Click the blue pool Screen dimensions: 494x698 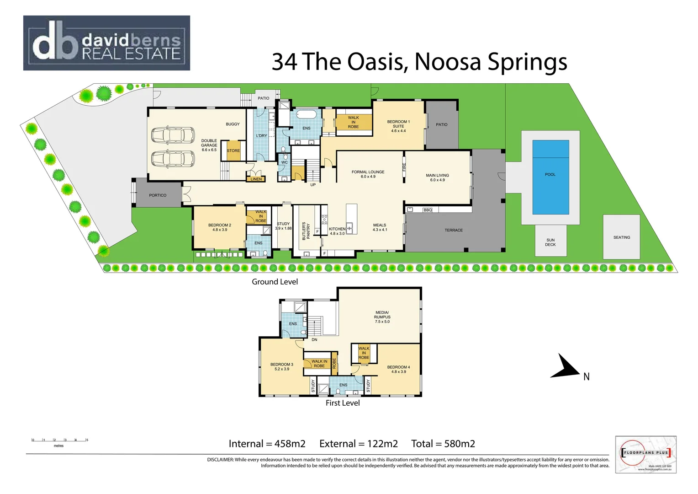tap(550, 177)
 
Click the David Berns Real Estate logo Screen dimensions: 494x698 tap(106, 43)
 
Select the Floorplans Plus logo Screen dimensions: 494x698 tap(645, 454)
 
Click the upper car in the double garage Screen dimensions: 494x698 tap(173, 135)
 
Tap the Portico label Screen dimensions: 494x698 tap(158, 195)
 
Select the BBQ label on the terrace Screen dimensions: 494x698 tap(427, 210)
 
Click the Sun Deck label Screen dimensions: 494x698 tap(550, 242)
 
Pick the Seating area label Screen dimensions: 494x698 tap(621, 237)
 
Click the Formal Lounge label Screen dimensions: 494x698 tap(368, 174)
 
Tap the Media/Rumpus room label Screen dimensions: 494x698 tap(382, 317)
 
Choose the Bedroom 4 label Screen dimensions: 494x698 tap(398, 369)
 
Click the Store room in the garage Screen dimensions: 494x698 tap(233, 150)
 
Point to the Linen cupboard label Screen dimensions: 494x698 tap(256, 179)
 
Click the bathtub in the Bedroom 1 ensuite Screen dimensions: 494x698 tap(307, 114)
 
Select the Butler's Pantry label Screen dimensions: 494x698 tap(306, 231)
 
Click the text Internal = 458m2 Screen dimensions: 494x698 tap(267, 444)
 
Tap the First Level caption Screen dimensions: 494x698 tap(342, 403)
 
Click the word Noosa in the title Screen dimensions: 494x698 tap(447, 62)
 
